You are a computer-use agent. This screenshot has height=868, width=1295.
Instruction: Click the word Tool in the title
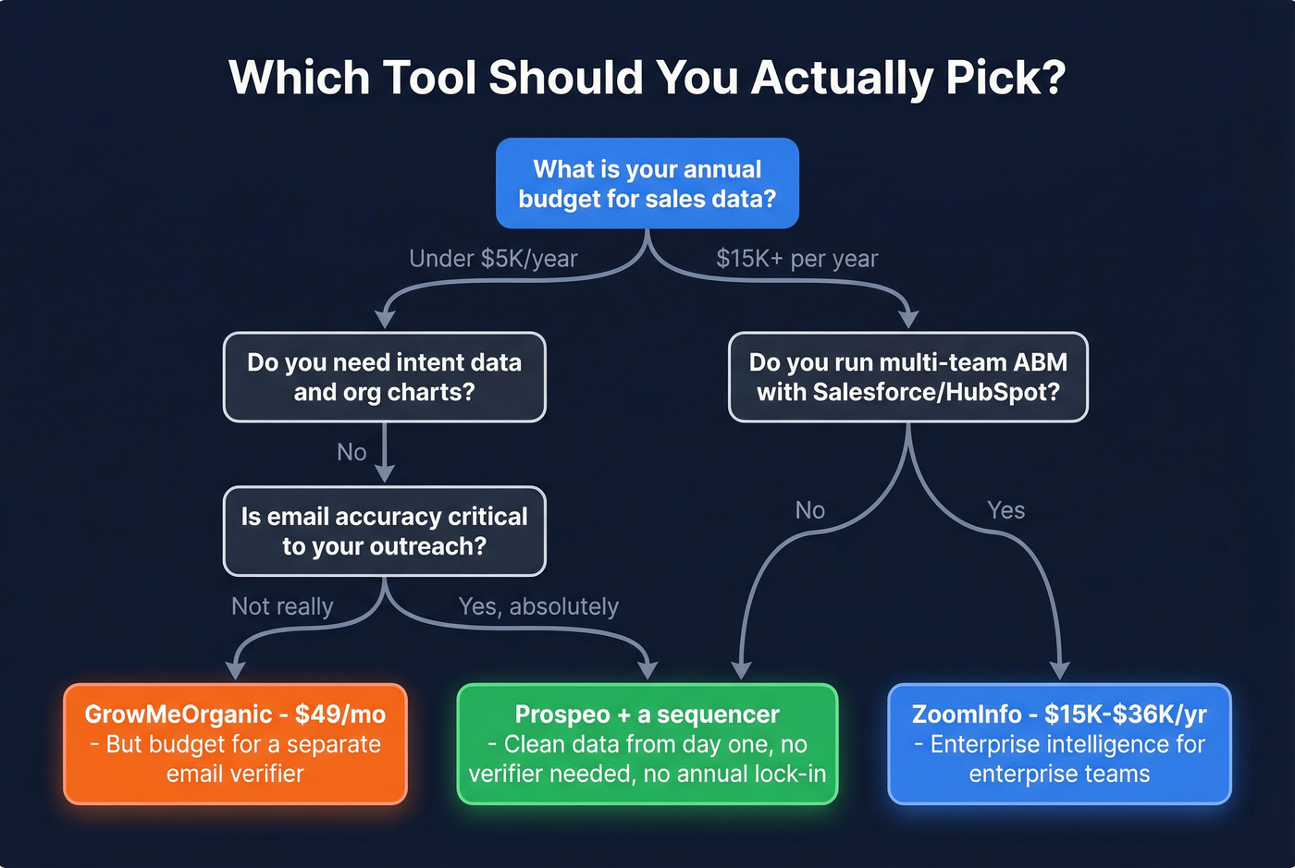(429, 78)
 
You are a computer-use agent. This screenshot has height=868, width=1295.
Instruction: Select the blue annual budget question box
(647, 183)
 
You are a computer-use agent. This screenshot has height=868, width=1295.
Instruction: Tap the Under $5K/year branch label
(493, 259)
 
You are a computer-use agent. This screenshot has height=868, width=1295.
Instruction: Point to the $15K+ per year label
(796, 259)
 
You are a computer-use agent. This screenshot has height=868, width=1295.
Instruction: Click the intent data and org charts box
(384, 377)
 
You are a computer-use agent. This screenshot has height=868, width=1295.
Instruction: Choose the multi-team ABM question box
(907, 377)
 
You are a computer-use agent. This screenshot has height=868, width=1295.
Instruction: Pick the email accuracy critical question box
(384, 532)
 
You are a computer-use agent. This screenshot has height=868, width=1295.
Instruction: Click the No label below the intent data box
(351, 452)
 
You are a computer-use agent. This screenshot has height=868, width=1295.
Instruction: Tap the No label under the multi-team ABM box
(809, 510)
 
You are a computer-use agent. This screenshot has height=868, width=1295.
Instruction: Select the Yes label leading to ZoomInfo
(1005, 510)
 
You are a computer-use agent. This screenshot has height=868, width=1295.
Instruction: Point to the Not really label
(282, 606)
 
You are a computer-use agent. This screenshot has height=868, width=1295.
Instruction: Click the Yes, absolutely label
(538, 606)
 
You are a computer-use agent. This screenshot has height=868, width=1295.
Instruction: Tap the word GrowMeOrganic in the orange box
(178, 715)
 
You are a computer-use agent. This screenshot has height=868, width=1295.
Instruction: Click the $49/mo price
(339, 715)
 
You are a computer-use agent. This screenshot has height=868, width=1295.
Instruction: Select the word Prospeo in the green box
(562, 715)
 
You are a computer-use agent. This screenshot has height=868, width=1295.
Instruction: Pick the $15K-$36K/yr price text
(1125, 715)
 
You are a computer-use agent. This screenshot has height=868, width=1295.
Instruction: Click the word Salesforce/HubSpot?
(935, 392)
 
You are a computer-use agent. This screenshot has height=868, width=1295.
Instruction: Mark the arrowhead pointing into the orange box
(236, 670)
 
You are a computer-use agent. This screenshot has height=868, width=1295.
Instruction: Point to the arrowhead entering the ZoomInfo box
(1060, 670)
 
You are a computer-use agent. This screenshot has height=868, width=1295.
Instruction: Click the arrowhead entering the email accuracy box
(384, 473)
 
